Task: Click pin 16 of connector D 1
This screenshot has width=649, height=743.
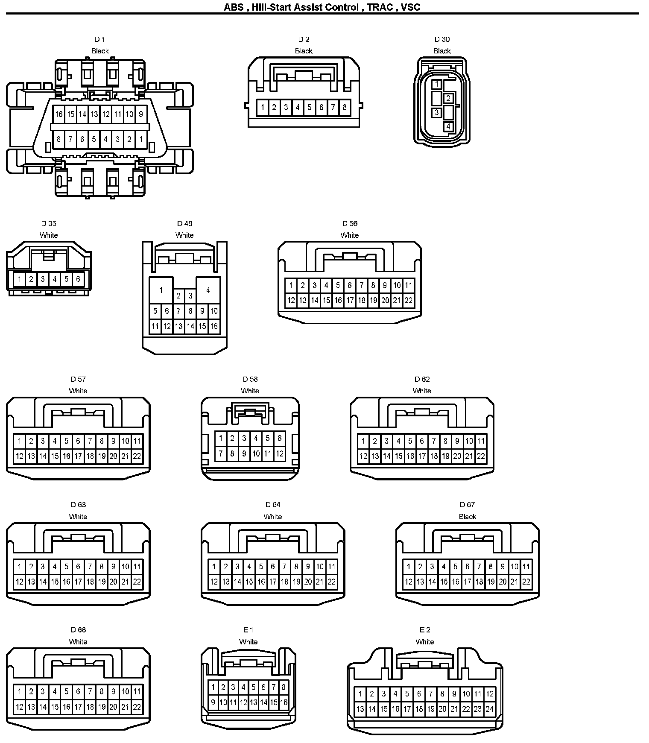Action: [59, 114]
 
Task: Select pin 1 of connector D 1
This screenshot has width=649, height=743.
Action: [141, 139]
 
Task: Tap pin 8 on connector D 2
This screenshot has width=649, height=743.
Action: [345, 107]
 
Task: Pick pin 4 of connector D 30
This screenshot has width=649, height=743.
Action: [448, 127]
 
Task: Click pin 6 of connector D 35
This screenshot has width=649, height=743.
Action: [78, 279]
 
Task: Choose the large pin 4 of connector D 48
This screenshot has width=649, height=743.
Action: [208, 290]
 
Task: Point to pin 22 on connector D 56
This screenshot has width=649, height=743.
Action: [409, 300]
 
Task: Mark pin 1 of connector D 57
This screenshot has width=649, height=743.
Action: [19, 441]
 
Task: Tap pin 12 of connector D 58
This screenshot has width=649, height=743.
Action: [280, 453]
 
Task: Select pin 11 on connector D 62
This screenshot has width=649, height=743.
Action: [481, 441]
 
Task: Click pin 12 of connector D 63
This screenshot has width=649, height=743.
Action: [19, 581]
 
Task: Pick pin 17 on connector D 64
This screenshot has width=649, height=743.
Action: [273, 581]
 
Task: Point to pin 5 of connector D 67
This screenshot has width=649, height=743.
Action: [456, 567]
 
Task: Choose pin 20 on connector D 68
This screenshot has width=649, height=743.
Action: [114, 707]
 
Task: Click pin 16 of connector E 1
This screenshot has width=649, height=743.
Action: [284, 702]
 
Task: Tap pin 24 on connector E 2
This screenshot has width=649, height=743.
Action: [489, 709]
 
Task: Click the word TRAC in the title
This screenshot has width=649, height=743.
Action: [380, 7]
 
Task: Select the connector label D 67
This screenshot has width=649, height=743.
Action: [467, 505]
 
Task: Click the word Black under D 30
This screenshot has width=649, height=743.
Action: [442, 51]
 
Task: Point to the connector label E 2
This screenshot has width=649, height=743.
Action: [424, 629]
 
